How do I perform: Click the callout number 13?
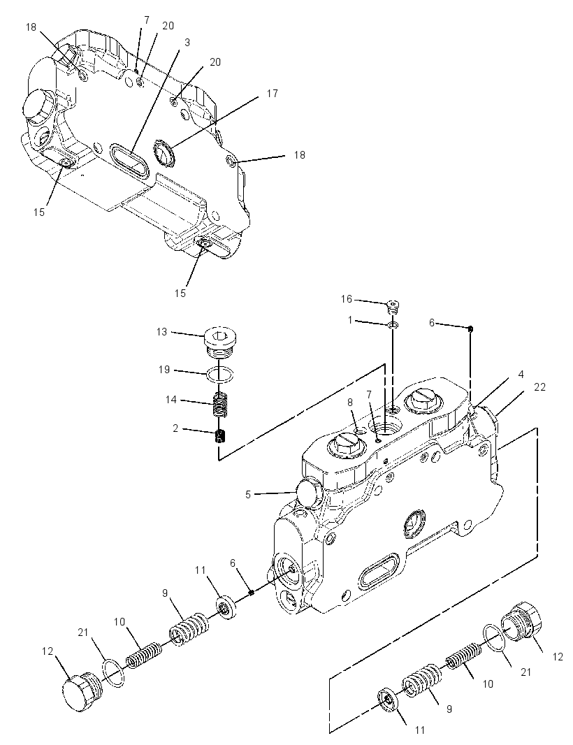[x=162, y=332]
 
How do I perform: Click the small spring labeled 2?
[x=220, y=436]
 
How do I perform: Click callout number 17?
[x=273, y=94]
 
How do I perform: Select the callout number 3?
[x=187, y=43]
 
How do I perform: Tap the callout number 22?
[x=539, y=387]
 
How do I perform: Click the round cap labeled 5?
[x=308, y=495]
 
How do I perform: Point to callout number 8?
[x=350, y=403]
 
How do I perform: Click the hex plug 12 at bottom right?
[x=522, y=619]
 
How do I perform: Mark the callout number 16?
[x=347, y=299]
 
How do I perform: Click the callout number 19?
[x=164, y=370]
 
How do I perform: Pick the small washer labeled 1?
[x=393, y=325]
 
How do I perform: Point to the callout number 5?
[x=248, y=495]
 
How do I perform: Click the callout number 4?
[x=521, y=375]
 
